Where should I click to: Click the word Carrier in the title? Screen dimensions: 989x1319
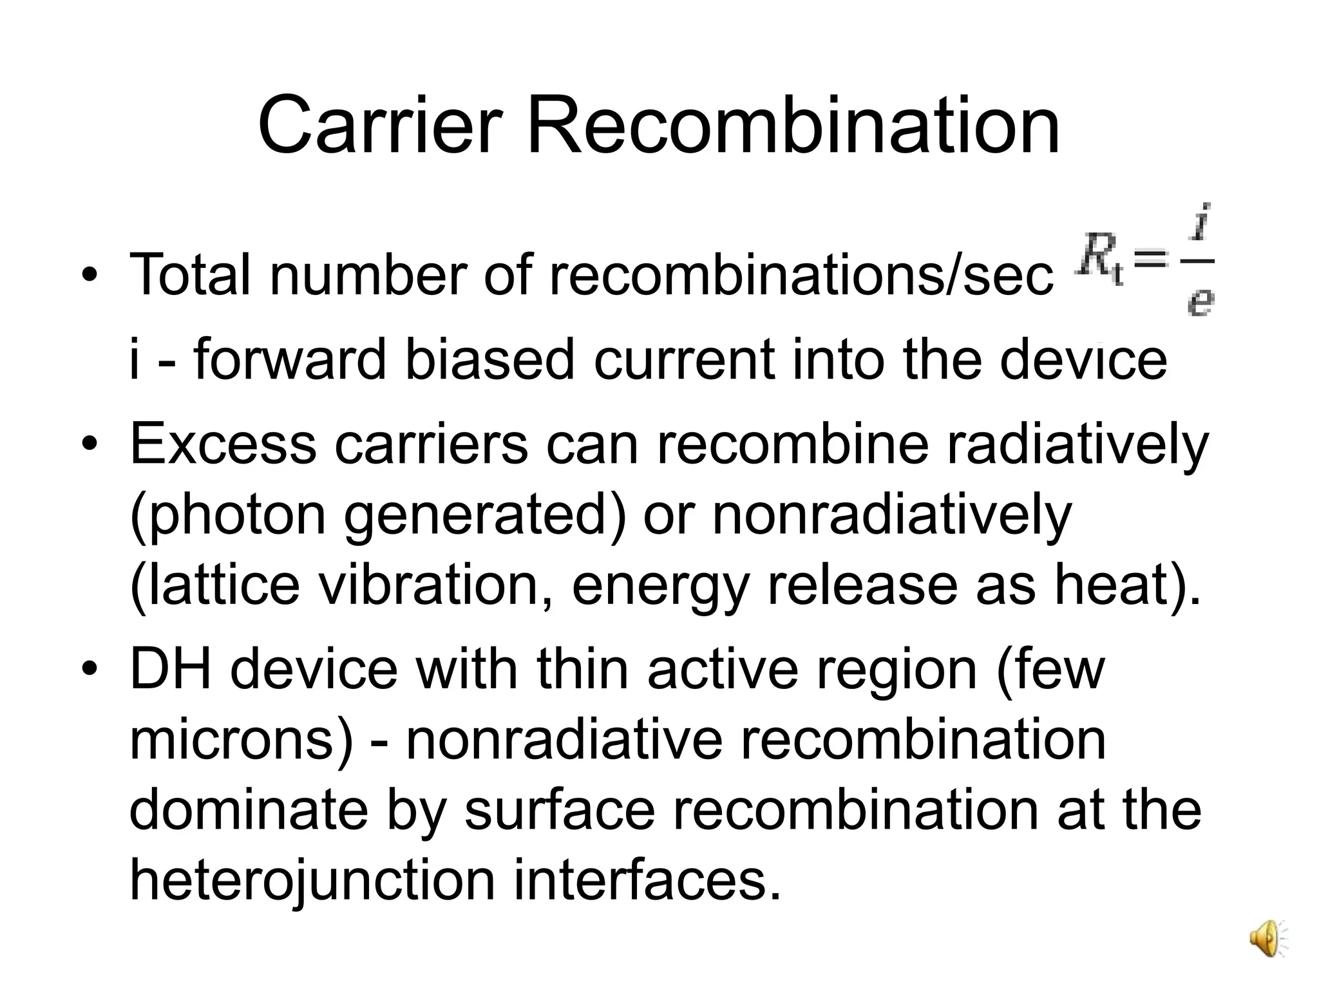379,125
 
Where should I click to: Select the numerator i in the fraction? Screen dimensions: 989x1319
1200,223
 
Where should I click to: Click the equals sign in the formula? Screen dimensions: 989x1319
1150,260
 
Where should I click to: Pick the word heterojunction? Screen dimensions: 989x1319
312,881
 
